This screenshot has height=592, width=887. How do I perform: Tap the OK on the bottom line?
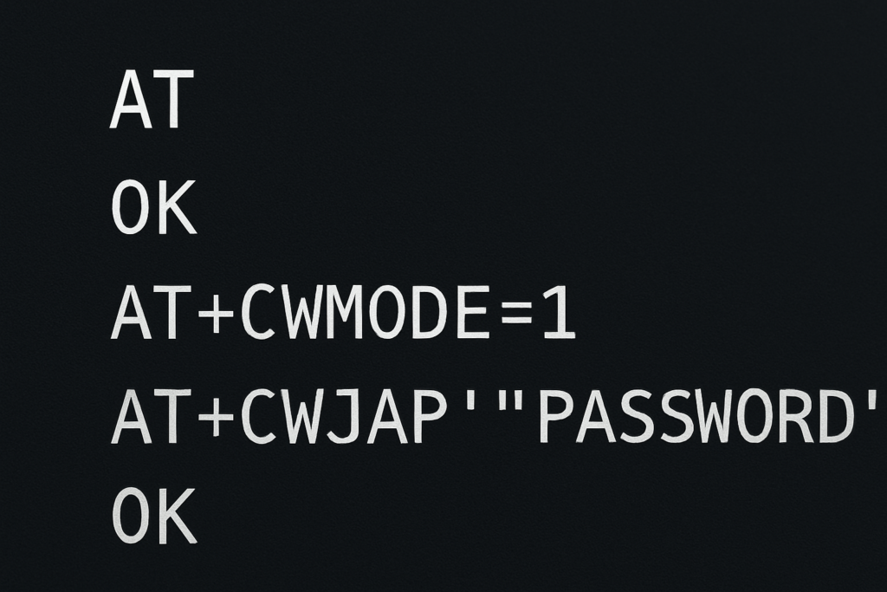click(x=154, y=517)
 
